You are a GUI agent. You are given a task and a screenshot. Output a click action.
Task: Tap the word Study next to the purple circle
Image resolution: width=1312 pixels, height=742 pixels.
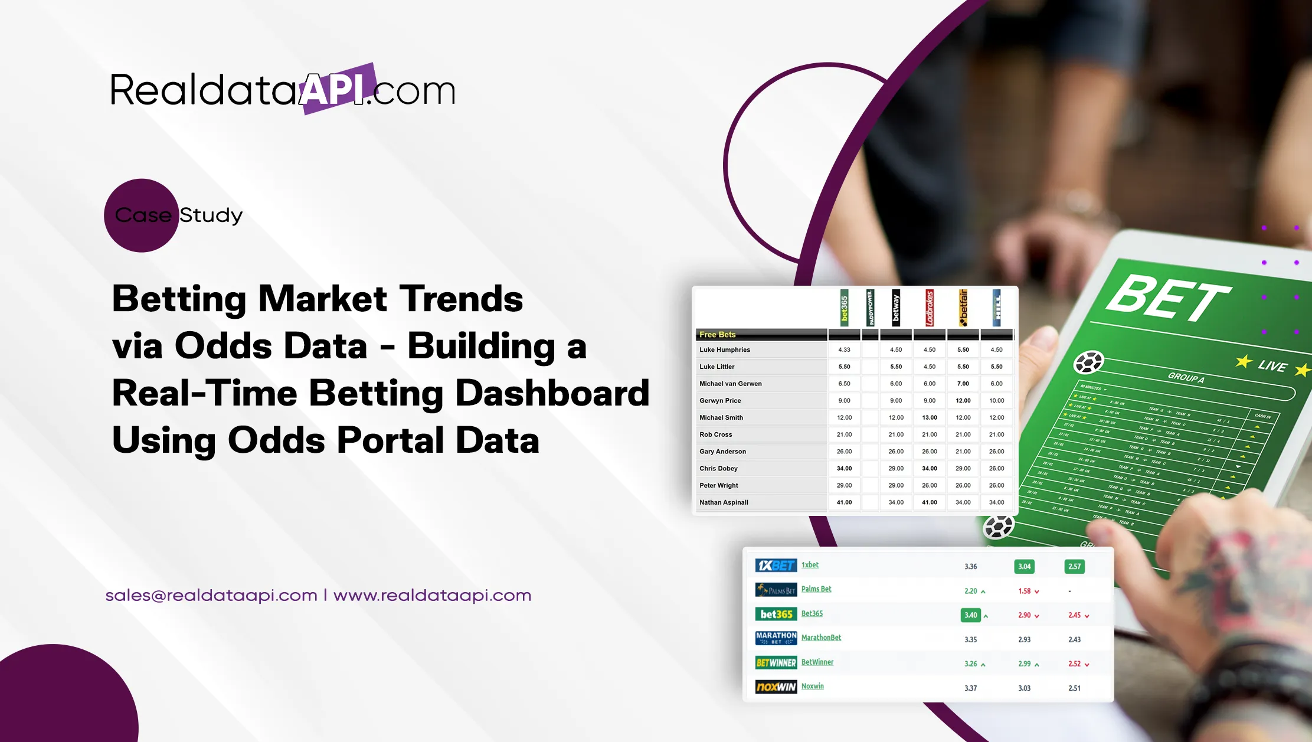pos(211,215)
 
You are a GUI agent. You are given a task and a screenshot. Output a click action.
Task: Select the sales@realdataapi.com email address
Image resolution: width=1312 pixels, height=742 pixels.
pos(211,595)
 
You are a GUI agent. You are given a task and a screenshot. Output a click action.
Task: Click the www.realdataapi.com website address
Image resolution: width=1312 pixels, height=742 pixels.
pos(432,595)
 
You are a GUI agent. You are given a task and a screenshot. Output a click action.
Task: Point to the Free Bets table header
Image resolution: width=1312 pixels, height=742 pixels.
pos(717,335)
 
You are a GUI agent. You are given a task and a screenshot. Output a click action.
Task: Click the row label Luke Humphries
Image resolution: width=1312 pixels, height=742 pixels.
pos(725,349)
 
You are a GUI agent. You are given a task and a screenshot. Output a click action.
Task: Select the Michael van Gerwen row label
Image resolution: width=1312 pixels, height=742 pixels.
pos(730,384)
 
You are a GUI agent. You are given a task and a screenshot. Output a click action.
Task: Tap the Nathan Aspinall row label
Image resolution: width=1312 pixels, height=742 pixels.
pos(724,502)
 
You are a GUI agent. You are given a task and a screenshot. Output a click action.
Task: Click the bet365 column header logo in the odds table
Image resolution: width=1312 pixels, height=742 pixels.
pos(844,308)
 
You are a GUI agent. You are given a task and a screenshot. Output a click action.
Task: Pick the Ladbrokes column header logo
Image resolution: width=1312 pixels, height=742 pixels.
pos(930,308)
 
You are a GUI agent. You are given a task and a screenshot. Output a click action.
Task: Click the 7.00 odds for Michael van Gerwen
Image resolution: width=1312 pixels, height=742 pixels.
pos(963,384)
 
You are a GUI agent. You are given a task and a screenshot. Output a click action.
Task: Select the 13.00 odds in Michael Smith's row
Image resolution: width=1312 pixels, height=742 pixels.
pos(930,417)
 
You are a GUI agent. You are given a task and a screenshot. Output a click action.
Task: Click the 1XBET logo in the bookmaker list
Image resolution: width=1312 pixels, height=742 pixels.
pos(776,566)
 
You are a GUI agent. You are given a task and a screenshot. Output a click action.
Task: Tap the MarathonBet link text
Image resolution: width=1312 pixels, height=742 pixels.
pos(821,638)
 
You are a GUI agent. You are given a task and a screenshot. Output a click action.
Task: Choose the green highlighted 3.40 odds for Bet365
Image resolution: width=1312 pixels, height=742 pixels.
pos(970,615)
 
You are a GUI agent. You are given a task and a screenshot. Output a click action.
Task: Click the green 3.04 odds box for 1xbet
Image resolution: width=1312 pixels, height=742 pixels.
pos(1024,567)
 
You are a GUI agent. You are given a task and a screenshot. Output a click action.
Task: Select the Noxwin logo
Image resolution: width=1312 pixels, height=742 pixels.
pos(776,687)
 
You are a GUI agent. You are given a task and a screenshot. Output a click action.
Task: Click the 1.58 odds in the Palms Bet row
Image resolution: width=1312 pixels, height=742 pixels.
pos(1025,591)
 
